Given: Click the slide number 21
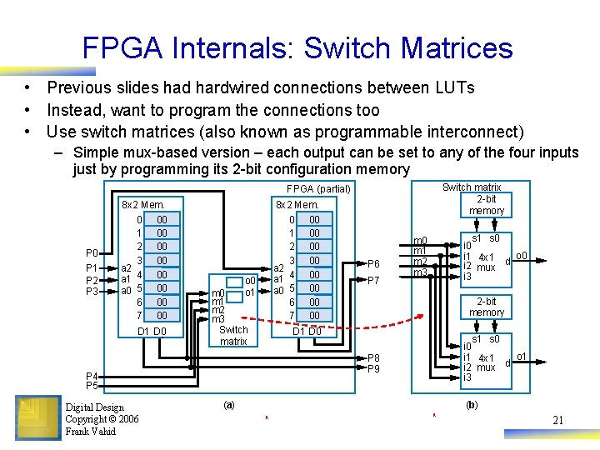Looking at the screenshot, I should [558, 420].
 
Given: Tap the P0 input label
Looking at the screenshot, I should [92, 252].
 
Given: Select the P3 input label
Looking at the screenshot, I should [92, 291].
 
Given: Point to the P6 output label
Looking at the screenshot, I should [372, 263].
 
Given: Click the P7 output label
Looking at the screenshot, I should [372, 280].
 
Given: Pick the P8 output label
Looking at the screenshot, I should [373, 357].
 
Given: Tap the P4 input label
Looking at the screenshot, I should [92, 376].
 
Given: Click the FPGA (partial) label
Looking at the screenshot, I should [319, 189].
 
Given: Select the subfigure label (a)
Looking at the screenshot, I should [228, 404].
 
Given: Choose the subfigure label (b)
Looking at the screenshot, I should [472, 404].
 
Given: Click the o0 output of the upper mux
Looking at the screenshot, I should [522, 255].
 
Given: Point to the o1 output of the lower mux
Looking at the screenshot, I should [522, 357].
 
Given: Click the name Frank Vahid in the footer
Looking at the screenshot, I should [91, 431].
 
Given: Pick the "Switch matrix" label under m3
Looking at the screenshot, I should [233, 335].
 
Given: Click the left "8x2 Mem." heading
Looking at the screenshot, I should [143, 204].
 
